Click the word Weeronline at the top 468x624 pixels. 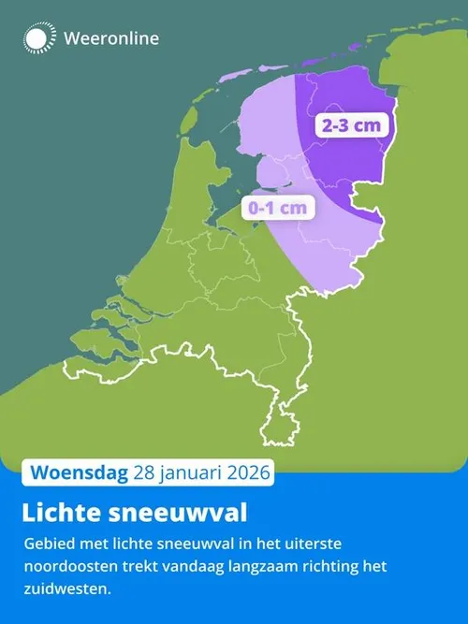111,38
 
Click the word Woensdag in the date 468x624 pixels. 79,472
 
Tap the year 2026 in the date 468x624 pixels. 245,472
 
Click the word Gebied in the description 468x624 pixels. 47,544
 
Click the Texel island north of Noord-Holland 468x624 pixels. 184,119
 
